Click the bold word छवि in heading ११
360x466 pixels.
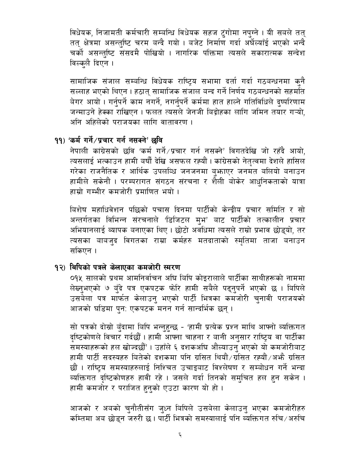158,140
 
